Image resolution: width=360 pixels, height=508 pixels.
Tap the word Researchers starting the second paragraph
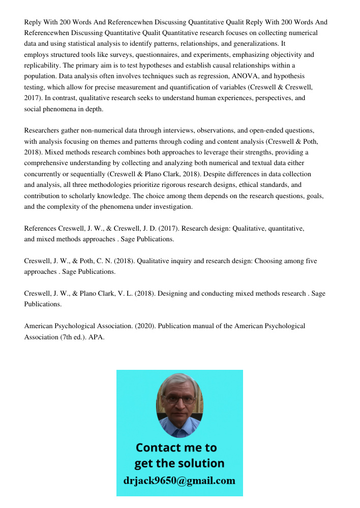pyautogui.click(x=43, y=131)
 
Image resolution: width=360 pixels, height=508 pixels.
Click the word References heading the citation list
pyautogui.click(x=40, y=229)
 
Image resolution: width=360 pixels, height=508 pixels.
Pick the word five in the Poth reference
pyautogui.click(x=310, y=261)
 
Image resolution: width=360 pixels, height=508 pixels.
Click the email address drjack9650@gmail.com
pyautogui.click(x=179, y=480)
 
